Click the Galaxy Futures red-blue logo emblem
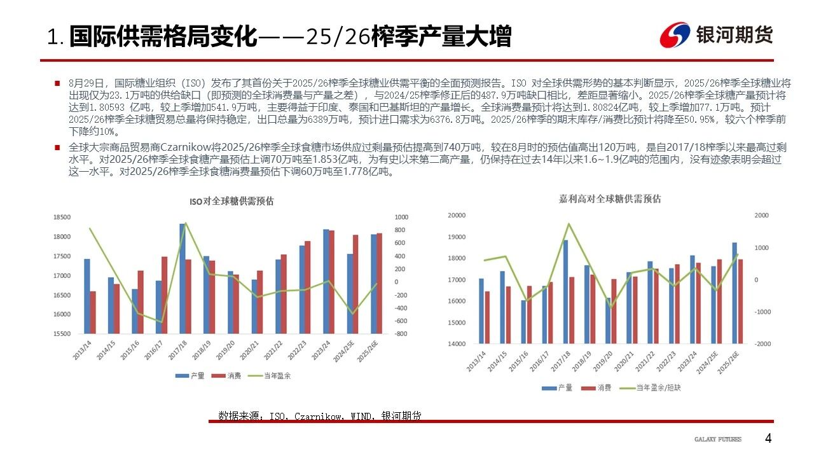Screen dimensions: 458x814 point(675,36)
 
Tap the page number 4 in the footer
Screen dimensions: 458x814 point(768,439)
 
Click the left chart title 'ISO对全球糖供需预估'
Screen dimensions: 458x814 point(231,201)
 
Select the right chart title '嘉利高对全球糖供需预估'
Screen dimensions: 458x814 point(606,199)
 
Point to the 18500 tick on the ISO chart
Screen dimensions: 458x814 point(62,218)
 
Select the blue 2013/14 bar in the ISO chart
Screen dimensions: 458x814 point(86,296)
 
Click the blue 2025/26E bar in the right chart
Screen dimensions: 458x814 point(735,293)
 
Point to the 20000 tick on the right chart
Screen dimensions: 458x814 point(457,216)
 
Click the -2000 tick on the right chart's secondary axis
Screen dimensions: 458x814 point(762,343)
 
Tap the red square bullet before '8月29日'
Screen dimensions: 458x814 point(57,83)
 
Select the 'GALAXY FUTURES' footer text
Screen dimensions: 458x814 point(718,440)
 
